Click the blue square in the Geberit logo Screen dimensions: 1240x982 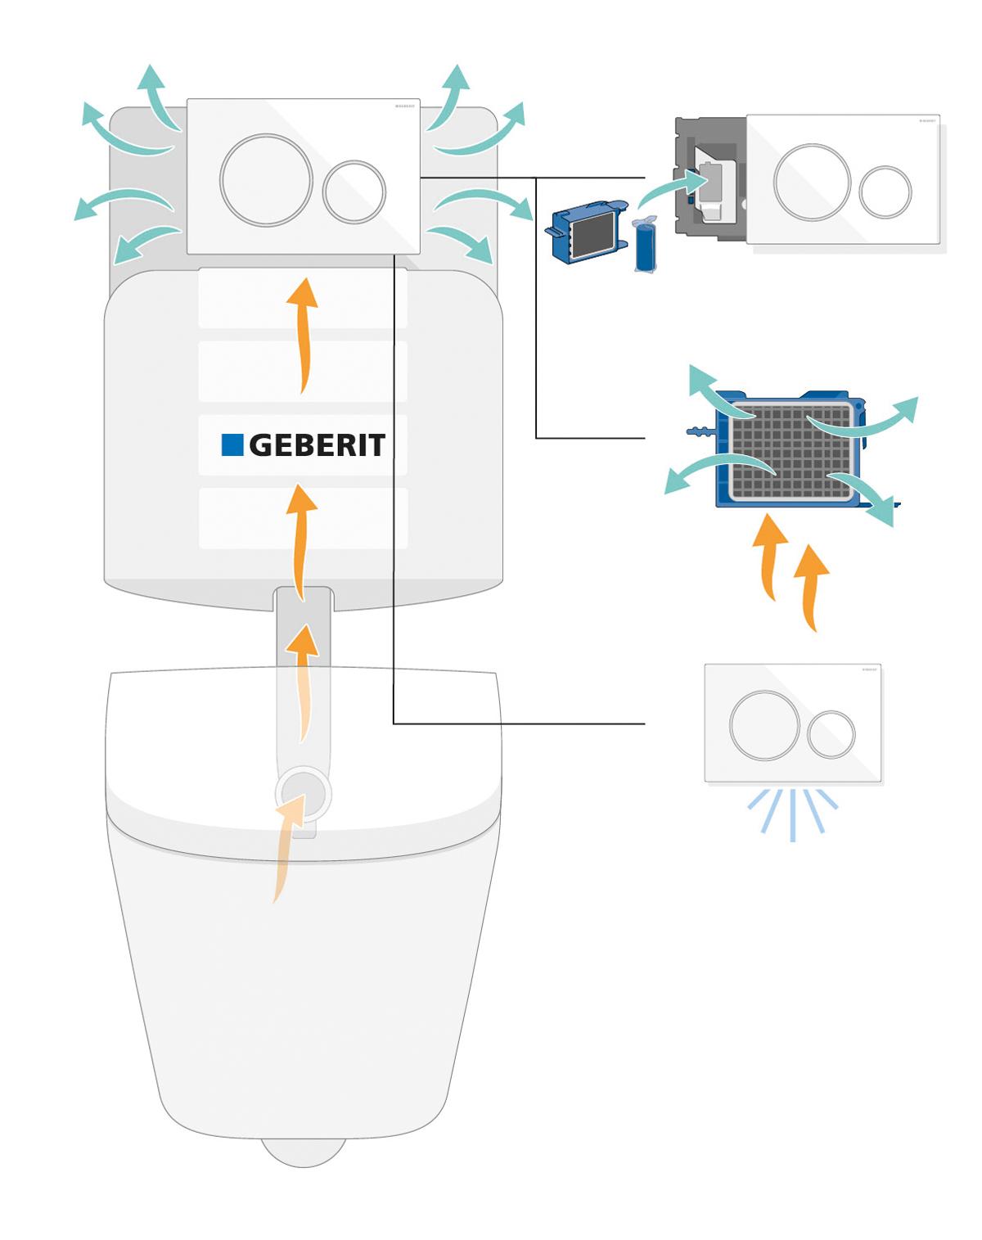232,444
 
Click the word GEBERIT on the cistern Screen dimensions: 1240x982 317,445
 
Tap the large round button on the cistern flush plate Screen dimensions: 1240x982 266,179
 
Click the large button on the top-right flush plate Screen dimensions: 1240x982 812,183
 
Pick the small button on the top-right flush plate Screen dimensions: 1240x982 885,192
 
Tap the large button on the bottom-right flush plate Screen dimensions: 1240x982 764,725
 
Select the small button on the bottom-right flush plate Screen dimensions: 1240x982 831,733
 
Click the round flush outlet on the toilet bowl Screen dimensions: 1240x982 304,794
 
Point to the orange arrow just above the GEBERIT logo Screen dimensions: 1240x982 304,336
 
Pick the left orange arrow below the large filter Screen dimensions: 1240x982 769,557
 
